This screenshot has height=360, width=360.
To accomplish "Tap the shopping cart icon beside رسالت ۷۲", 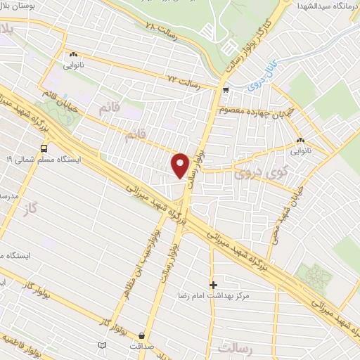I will (225, 90).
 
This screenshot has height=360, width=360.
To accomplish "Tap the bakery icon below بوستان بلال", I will (72, 54).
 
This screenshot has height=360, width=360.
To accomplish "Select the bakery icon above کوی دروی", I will (300, 139).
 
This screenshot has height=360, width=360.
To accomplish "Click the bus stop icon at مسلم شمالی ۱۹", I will (44, 148).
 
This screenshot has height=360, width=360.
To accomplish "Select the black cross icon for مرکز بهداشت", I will (214, 284).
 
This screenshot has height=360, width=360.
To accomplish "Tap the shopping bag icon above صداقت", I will (143, 335).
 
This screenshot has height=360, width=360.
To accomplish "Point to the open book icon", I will (103, 345).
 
